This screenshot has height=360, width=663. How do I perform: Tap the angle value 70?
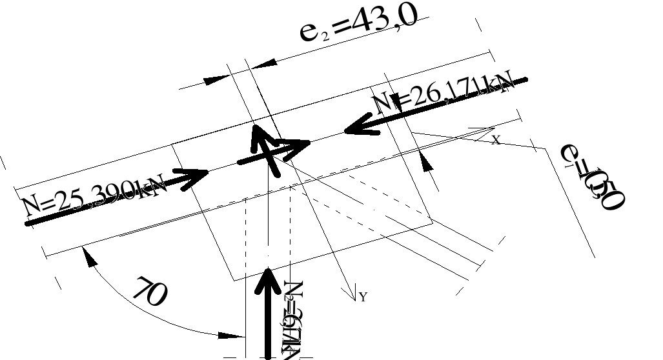pos(150,292)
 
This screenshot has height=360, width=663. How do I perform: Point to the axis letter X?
pos(496,139)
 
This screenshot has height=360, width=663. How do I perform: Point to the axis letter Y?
pos(363,297)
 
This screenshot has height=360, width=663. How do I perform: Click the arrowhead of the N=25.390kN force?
pos(196,178)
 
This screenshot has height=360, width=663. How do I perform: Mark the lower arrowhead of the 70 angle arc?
pos(236,335)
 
